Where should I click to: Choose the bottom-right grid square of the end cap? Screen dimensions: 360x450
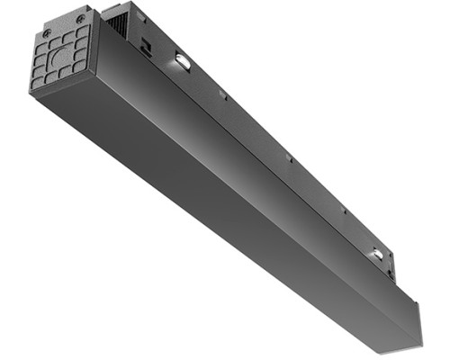pyautogui.click(x=83, y=67)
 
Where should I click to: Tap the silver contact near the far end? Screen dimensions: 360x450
pyautogui.click(x=378, y=255)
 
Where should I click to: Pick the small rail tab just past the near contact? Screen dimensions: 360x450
pyautogui.click(x=222, y=94)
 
